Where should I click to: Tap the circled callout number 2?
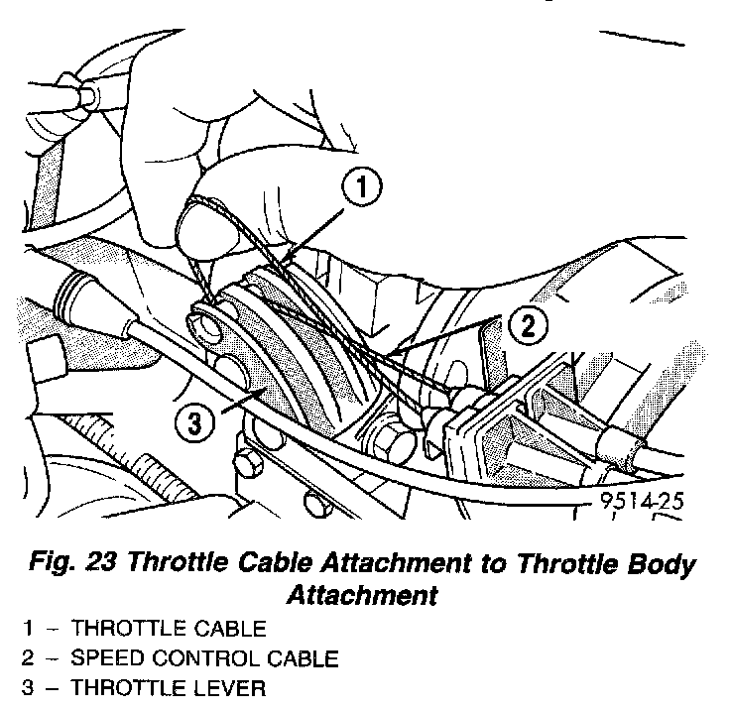(530, 325)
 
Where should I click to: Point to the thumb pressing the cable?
(213, 223)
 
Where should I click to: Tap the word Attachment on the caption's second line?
(362, 596)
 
